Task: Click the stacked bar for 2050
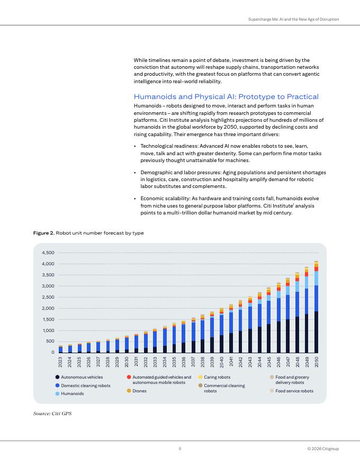[317, 307]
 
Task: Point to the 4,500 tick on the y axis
[48, 253]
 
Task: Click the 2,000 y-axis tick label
[48, 308]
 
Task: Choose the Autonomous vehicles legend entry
[82, 377]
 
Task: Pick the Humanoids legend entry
[72, 394]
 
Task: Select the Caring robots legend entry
[217, 377]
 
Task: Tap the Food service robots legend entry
[294, 391]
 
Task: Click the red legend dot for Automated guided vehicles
[129, 377]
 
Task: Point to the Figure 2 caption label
[44, 233]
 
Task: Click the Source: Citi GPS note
[52, 413]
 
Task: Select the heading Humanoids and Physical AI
[226, 96]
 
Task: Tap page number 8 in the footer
[180, 449]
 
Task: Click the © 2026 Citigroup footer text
[323, 449]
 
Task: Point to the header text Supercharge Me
[293, 20]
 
